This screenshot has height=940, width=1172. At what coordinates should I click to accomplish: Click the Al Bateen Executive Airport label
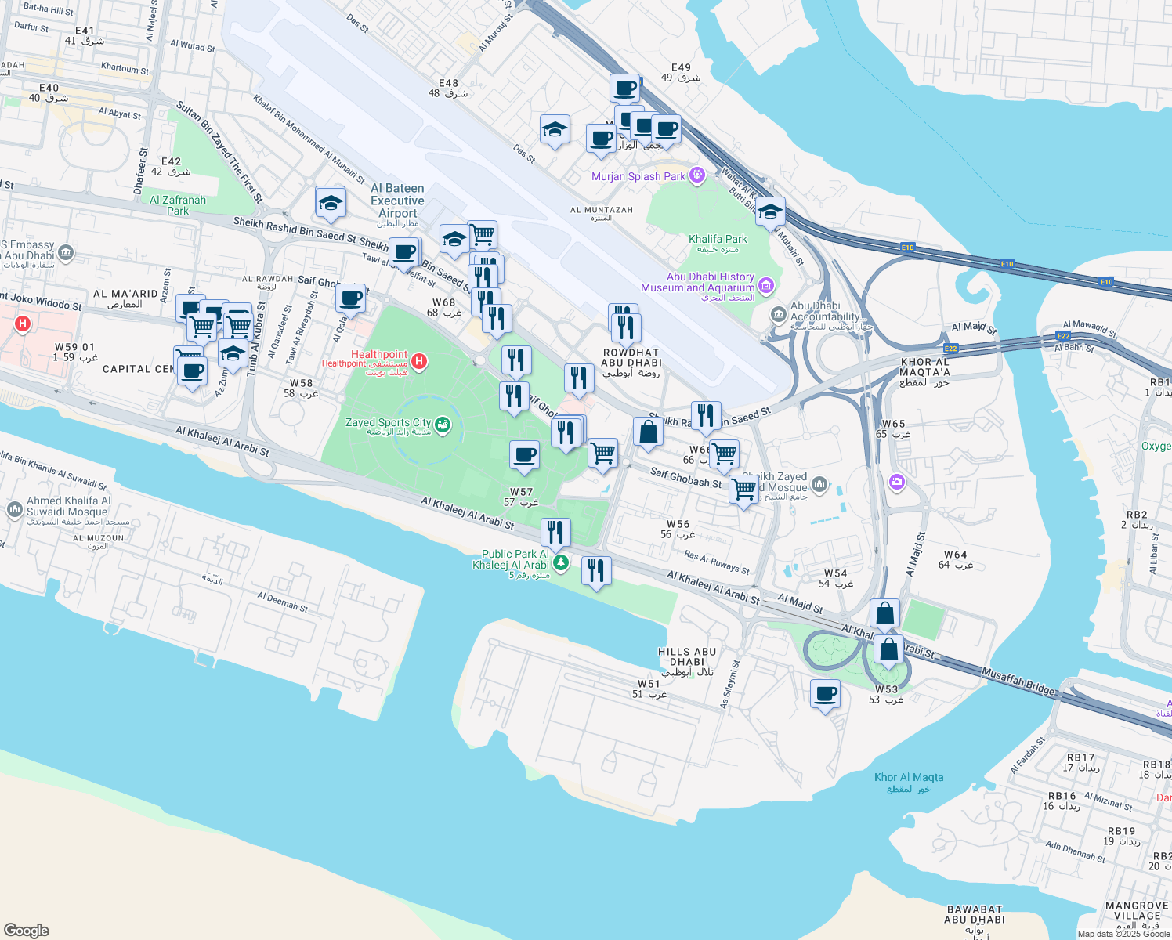click(x=398, y=201)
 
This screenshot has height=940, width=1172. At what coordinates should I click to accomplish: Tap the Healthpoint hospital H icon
click(x=419, y=361)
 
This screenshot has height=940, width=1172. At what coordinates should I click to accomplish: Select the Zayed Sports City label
click(x=389, y=423)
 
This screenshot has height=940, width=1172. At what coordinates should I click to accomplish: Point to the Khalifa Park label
click(x=718, y=240)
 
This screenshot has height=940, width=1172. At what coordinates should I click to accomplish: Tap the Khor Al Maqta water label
click(x=909, y=778)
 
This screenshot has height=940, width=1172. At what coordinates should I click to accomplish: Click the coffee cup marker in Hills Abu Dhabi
click(x=825, y=694)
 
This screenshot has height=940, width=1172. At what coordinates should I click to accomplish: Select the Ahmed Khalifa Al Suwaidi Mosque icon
click(x=14, y=511)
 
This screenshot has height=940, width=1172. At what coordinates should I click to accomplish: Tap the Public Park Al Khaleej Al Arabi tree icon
click(x=560, y=562)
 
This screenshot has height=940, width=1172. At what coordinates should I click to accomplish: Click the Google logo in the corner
click(x=26, y=930)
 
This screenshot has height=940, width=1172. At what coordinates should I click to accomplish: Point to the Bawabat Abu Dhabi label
click(x=975, y=914)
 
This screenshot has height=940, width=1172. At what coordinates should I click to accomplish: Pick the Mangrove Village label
click(x=1137, y=910)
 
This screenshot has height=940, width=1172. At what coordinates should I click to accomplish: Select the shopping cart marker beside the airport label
click(x=483, y=233)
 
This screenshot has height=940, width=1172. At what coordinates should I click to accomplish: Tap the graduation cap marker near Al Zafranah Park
click(x=331, y=203)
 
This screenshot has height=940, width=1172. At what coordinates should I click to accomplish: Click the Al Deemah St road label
click(x=283, y=602)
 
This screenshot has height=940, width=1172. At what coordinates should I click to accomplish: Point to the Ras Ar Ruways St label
click(x=716, y=562)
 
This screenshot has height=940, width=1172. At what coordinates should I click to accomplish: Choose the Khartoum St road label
click(x=125, y=68)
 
